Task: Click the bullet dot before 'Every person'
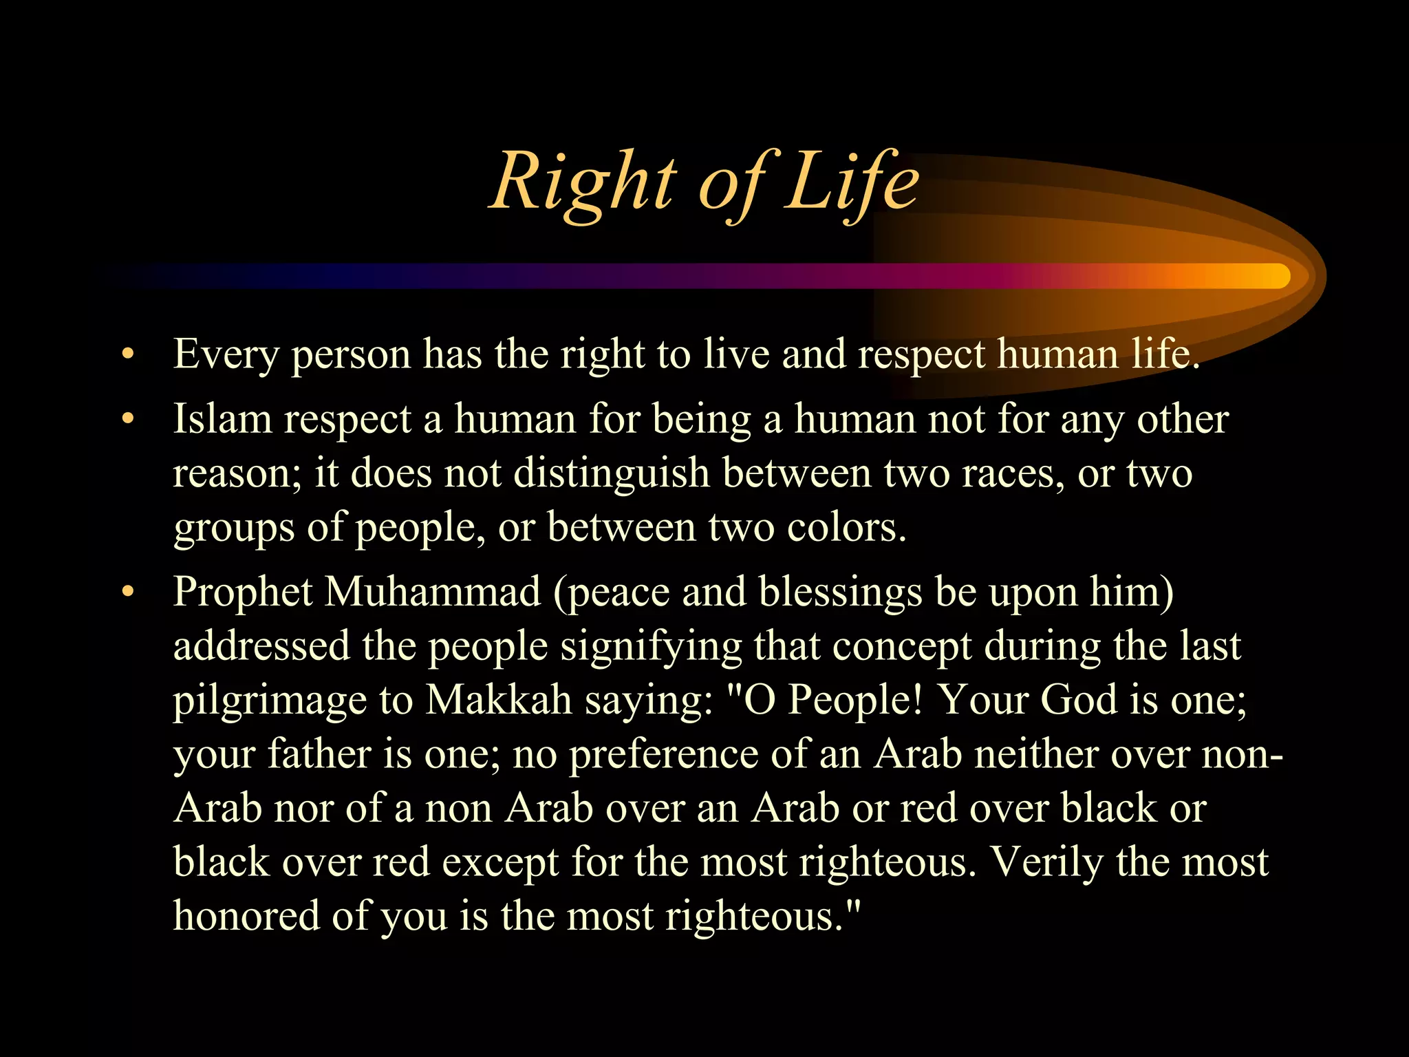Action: point(127,355)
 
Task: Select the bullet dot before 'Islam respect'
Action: point(127,419)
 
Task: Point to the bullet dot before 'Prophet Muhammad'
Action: point(127,592)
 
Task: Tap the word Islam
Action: point(222,419)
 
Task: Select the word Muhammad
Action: point(433,592)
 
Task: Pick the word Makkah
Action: point(499,700)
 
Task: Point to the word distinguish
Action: point(612,474)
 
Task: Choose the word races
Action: point(1009,474)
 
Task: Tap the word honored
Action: point(246,916)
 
